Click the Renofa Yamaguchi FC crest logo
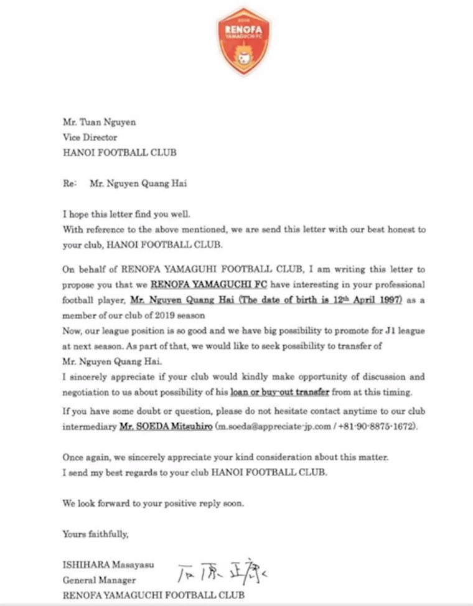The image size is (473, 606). click(243, 41)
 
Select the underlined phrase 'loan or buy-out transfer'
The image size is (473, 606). click(279, 393)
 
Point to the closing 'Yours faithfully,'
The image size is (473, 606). click(95, 534)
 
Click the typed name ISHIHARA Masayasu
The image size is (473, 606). click(108, 565)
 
